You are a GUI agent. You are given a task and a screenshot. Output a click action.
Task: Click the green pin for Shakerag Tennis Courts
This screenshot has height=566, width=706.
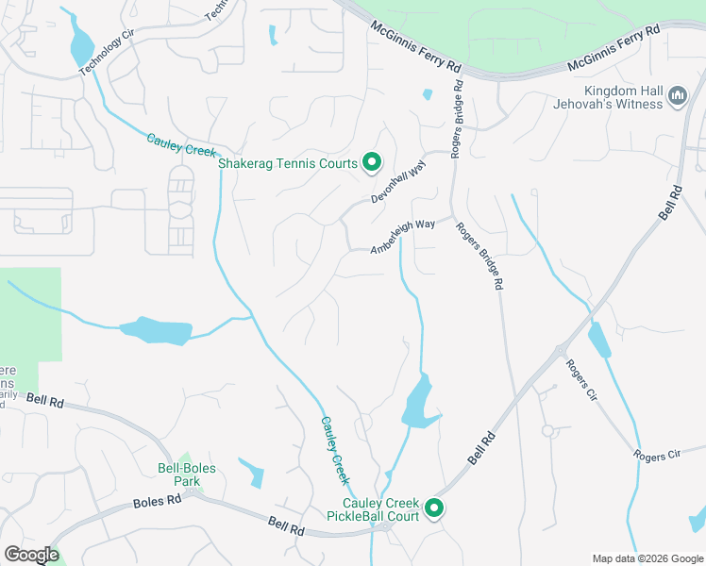point(372,163)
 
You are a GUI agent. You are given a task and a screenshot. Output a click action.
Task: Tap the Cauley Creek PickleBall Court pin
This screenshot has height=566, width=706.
point(435,508)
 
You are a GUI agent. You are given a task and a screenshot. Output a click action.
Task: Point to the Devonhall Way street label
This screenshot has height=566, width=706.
point(398,181)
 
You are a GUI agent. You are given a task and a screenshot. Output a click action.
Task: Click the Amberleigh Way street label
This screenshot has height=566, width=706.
point(402,237)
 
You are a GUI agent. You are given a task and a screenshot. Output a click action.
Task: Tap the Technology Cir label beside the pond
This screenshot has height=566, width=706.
point(101,56)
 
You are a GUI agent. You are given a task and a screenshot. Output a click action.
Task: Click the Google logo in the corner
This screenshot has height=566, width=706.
point(30,555)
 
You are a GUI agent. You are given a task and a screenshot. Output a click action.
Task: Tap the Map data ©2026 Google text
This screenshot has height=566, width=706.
point(647,558)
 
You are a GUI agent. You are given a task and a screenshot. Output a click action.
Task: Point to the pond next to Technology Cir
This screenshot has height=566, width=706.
point(81,43)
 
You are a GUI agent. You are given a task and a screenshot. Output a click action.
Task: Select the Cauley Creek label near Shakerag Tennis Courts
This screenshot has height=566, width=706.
point(181,146)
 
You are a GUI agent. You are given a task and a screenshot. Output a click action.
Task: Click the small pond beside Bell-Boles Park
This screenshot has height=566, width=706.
point(251,472)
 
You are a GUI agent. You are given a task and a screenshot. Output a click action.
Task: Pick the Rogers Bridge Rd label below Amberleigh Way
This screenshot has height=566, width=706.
point(479,255)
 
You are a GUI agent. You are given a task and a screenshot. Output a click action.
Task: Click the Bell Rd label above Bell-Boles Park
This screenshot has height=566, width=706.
point(44,400)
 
